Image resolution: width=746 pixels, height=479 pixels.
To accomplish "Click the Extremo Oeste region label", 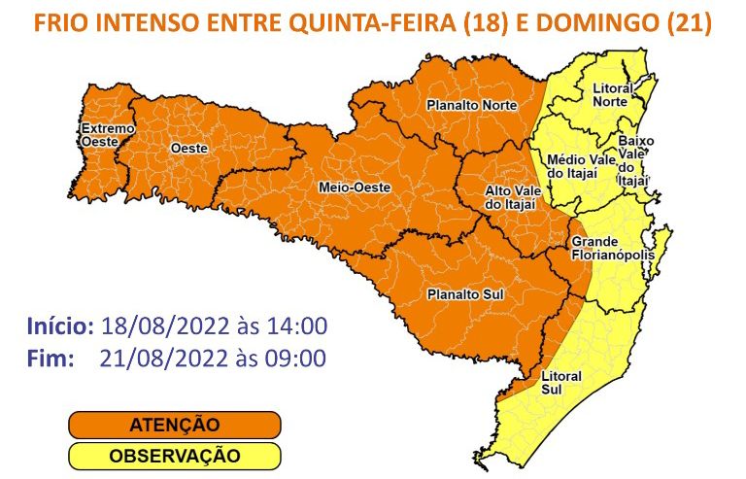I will [100, 135].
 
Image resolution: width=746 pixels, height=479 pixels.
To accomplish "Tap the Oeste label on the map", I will [187, 148].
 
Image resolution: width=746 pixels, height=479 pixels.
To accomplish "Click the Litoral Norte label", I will [612, 94].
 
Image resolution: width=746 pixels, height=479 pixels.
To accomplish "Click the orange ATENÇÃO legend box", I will [174, 425].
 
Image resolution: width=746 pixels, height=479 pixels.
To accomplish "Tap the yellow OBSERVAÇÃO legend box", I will [174, 455].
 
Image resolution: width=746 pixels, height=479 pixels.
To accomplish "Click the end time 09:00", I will [294, 358].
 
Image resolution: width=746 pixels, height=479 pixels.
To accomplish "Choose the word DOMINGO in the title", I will [598, 22].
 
